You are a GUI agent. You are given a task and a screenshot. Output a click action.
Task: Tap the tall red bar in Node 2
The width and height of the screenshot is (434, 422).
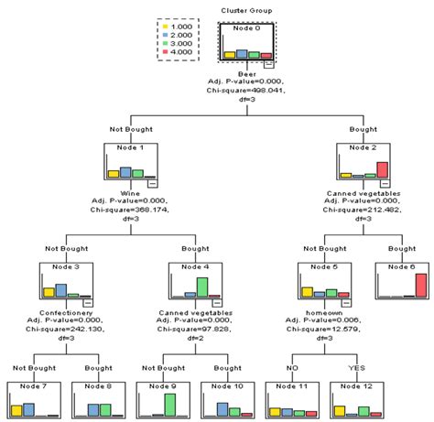tap(383, 169)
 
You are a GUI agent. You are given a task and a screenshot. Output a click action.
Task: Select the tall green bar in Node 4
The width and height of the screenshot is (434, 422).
tap(201, 287)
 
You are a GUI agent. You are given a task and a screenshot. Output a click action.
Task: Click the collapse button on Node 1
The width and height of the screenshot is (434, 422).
tap(151, 182)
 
